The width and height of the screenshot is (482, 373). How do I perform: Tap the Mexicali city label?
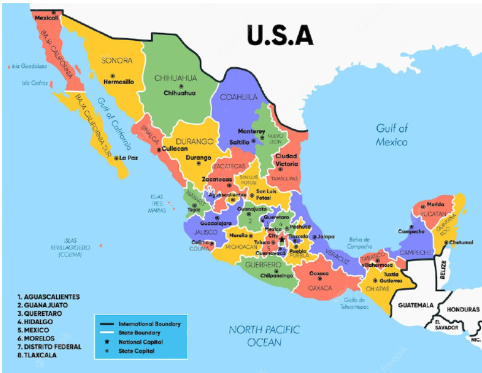(46, 18)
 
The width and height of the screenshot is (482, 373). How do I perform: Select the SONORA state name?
(117, 60)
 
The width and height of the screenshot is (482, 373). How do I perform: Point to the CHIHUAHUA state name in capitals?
(176, 78)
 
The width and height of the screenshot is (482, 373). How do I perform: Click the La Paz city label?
(127, 158)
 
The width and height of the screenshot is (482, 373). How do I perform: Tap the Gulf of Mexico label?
(392, 135)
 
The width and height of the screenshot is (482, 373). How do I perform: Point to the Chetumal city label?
(461, 242)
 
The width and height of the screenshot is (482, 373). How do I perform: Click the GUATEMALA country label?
(415, 305)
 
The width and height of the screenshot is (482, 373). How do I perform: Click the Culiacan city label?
(174, 149)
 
